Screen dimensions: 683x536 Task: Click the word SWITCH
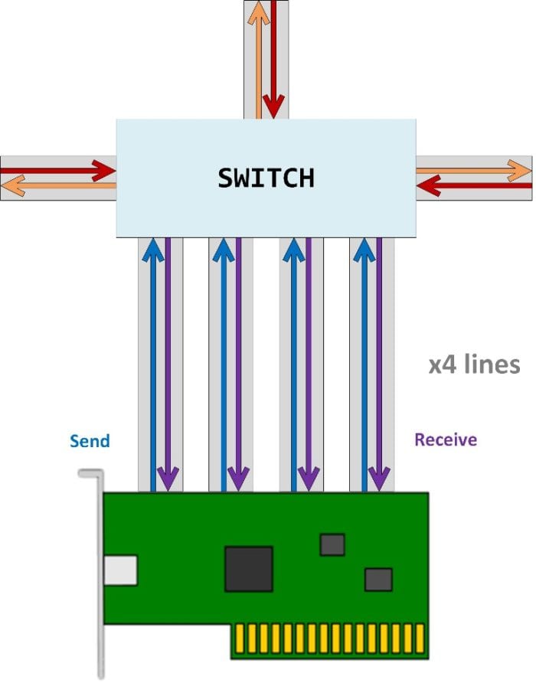(x=266, y=178)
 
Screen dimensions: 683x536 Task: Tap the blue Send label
(x=90, y=441)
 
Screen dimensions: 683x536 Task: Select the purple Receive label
(x=445, y=440)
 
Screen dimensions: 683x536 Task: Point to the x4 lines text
(x=473, y=364)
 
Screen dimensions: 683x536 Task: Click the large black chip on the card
(x=248, y=569)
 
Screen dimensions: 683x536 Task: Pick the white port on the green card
(x=121, y=570)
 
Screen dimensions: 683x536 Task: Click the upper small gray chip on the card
(x=332, y=544)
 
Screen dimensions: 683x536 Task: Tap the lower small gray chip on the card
(x=378, y=579)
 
